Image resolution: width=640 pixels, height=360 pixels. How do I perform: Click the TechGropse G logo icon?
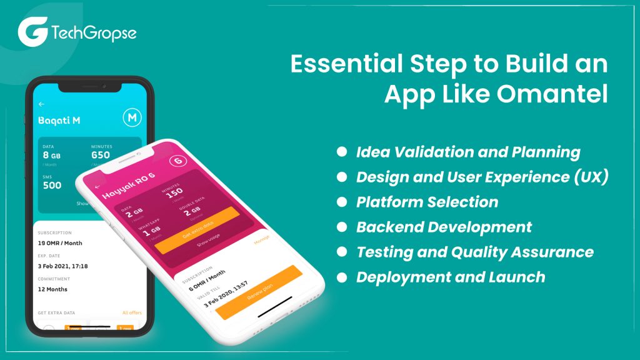(32, 32)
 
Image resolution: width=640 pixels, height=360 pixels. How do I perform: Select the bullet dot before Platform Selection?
(342, 202)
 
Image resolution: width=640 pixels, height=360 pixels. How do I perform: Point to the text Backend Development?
(444, 227)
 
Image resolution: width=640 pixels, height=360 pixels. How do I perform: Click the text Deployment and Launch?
(451, 277)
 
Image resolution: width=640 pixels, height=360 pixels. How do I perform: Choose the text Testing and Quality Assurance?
(474, 252)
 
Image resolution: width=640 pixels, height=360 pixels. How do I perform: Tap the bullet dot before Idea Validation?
(342, 152)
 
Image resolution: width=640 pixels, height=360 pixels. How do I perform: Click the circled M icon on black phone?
(132, 117)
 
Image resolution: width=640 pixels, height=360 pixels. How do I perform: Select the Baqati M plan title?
(59, 120)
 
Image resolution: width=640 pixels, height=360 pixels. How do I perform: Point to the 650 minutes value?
(101, 155)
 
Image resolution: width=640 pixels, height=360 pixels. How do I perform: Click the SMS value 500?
(52, 185)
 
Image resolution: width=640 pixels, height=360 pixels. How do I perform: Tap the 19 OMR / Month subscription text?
(60, 243)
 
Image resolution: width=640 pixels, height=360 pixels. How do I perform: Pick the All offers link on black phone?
(131, 312)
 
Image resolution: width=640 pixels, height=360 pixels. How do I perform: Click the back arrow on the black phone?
(42, 104)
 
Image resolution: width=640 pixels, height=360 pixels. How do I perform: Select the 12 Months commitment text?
(52, 289)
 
